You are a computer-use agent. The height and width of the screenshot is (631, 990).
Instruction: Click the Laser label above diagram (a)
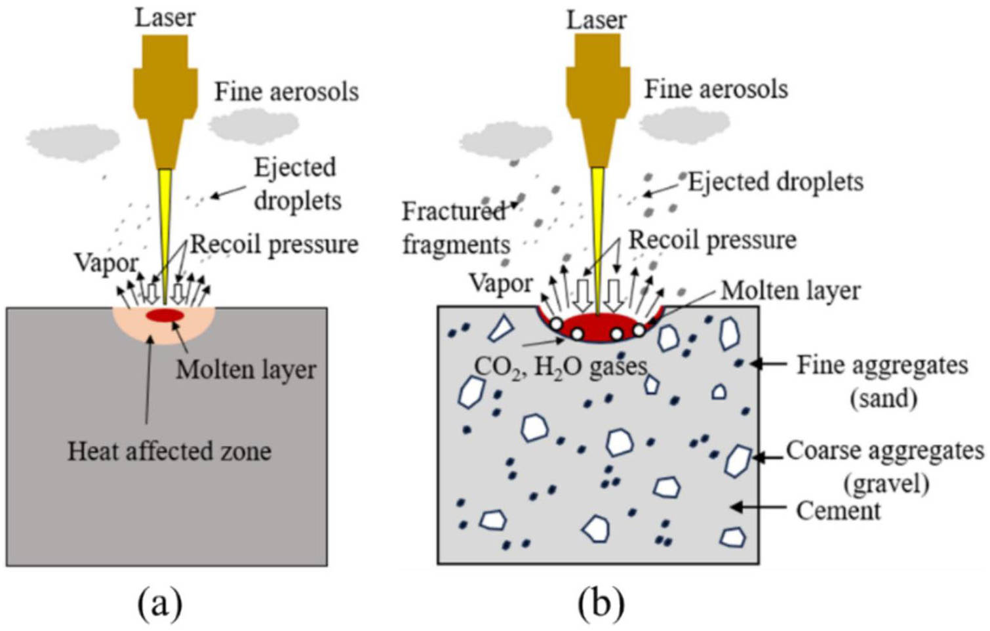coord(165,18)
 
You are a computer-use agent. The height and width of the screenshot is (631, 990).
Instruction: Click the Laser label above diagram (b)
coord(596,20)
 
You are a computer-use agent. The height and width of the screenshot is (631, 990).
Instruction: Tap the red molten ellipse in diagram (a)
coord(165,315)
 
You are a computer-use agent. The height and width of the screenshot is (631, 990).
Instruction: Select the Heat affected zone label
coord(169,451)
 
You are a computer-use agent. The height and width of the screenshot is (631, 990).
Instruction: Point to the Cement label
coord(838,510)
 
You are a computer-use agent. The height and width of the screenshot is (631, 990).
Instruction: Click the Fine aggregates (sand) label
coord(882,381)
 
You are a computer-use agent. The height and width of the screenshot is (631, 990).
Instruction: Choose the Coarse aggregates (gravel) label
coord(884,466)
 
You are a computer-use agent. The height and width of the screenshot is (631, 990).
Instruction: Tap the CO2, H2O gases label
coord(561,366)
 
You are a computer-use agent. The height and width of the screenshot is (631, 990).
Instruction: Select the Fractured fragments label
coord(455,228)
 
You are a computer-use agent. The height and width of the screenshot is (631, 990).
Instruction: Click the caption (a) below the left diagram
coord(159,603)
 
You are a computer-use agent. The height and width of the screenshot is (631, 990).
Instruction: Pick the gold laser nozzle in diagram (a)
coord(165,98)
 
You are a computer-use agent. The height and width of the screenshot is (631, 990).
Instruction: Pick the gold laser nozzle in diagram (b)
coord(597,98)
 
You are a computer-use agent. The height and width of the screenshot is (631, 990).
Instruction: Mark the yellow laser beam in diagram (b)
coord(598,236)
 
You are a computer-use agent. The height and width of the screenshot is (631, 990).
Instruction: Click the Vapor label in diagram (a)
coord(106,263)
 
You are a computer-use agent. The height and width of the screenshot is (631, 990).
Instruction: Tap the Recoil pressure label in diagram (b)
coord(712,240)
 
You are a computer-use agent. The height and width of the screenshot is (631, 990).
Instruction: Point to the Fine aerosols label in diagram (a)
coord(287,91)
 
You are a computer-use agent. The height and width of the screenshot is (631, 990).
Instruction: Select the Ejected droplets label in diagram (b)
coord(775,182)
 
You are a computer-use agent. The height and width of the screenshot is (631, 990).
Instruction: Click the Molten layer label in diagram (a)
coord(246,370)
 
